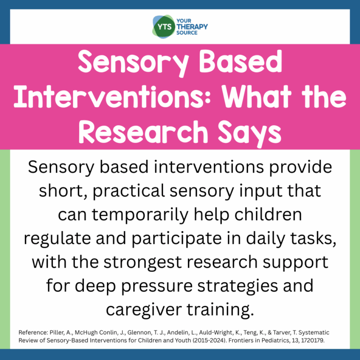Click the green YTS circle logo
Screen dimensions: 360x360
coord(162,26)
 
